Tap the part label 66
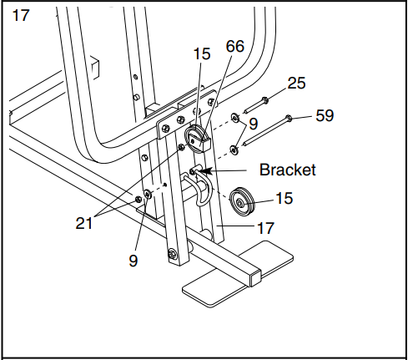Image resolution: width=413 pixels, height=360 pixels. coord(234,48)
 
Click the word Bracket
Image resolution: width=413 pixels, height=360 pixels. coord(287,170)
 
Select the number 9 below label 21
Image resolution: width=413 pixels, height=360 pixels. coord(134,259)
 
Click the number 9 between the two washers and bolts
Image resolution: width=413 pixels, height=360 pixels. coord(254,124)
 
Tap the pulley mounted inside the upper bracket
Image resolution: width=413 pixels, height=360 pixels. coord(198,138)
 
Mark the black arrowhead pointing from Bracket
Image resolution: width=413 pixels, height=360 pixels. coord(204,171)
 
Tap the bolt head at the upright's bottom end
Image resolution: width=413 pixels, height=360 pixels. coord(172,254)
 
